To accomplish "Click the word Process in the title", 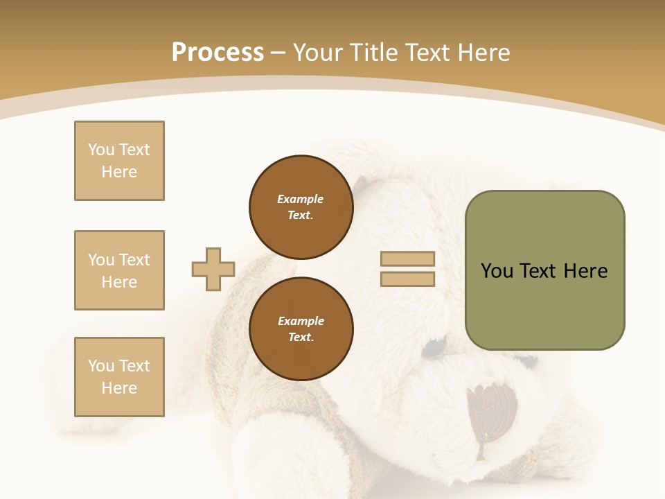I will click(x=218, y=52).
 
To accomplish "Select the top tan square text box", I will click(x=119, y=161).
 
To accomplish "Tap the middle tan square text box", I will click(x=119, y=270).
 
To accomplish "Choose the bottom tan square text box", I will click(x=119, y=377).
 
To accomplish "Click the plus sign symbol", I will click(x=213, y=269).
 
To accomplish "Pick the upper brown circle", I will click(x=301, y=207).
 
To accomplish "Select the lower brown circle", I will click(x=301, y=329).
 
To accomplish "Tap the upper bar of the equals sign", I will click(x=407, y=259).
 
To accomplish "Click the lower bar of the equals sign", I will click(x=407, y=279).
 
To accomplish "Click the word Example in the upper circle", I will click(x=300, y=199).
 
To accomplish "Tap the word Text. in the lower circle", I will click(x=301, y=338).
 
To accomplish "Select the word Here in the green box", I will click(x=585, y=271).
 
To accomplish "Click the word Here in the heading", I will click(x=482, y=52).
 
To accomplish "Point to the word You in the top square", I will click(x=100, y=150).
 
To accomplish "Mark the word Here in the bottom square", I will click(x=119, y=388).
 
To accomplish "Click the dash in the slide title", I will click(x=278, y=53).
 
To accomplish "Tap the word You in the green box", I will click(x=497, y=271).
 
